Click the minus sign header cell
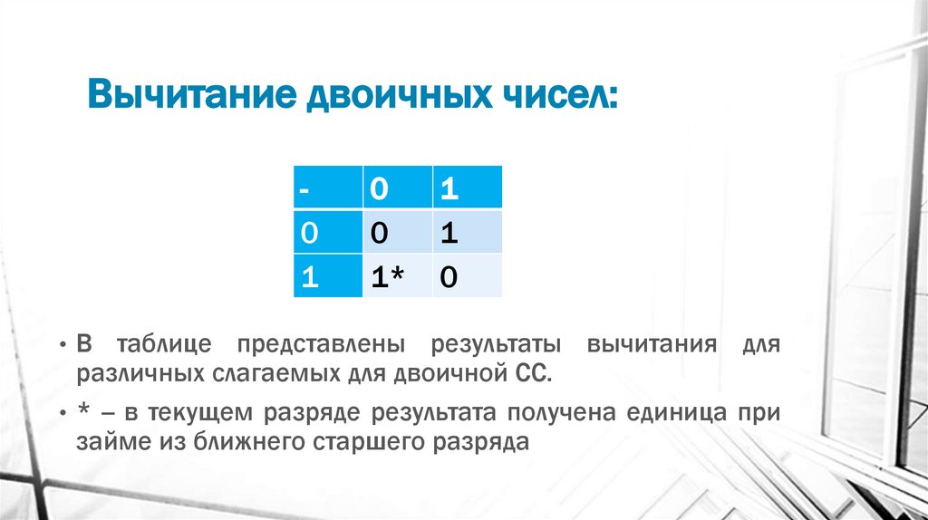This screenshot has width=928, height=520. click(327, 188)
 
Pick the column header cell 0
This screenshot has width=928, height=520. click(397, 188)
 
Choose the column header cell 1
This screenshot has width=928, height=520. click(467, 188)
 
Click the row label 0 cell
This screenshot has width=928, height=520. click(327, 232)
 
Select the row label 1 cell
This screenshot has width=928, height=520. click(327, 276)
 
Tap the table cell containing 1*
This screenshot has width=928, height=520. click(397, 276)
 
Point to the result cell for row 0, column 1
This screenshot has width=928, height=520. click(467, 232)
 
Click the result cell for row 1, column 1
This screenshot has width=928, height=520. click(467, 276)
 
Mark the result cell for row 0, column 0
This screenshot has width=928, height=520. click(397, 232)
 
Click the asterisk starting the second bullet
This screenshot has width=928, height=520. click(82, 413)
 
